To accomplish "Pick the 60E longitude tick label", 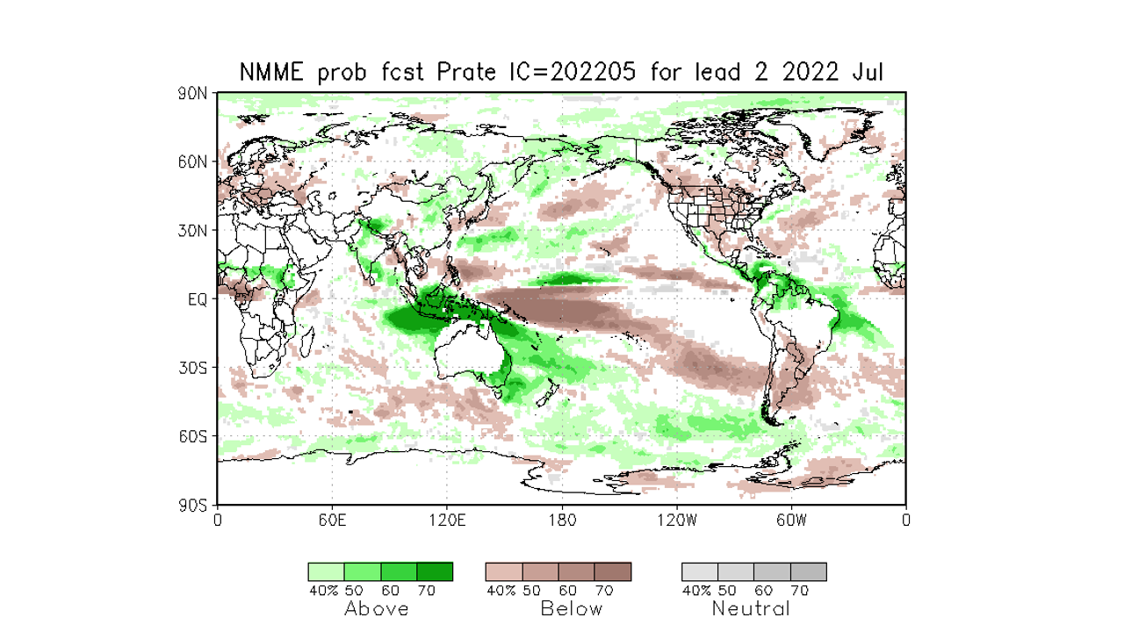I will click(x=332, y=520).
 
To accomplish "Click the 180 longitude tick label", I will click(x=562, y=520).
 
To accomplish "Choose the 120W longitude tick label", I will click(x=676, y=520).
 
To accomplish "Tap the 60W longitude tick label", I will click(x=791, y=520).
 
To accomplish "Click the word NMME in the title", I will click(x=271, y=73).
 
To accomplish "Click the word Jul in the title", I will click(x=867, y=73).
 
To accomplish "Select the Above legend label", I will click(x=377, y=609).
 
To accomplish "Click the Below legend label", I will click(x=572, y=609).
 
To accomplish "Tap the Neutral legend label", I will click(x=751, y=609).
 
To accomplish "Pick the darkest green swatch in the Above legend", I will click(x=435, y=572).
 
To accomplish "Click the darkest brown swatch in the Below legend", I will click(x=613, y=572).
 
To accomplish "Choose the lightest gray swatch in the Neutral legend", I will click(x=700, y=572).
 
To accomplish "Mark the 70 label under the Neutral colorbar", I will click(x=800, y=591).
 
